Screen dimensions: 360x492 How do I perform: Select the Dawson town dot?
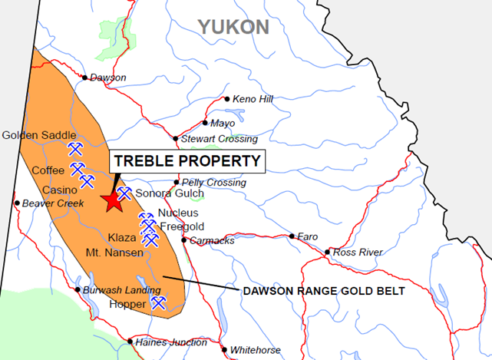tap(86, 77)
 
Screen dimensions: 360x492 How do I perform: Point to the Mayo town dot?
tap(205, 123)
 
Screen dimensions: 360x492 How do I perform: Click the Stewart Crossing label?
tap(220, 139)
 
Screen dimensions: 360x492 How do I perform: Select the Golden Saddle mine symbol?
tap(74, 147)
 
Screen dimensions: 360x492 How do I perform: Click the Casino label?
tap(59, 190)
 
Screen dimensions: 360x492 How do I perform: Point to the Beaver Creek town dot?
tap(16, 203)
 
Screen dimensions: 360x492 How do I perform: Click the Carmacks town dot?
tap(184, 240)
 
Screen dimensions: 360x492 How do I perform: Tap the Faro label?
tap(307, 236)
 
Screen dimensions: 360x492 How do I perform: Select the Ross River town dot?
tap(328, 252)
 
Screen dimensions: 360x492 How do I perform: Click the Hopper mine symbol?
tap(159, 303)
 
